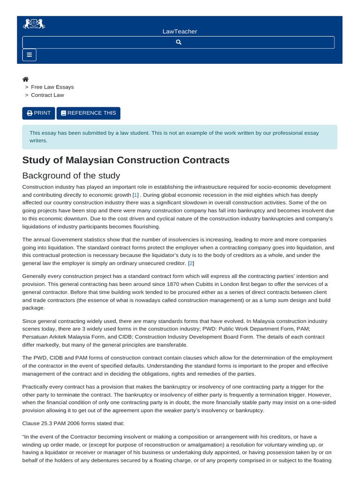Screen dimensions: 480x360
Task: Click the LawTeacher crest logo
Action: coord(34,24)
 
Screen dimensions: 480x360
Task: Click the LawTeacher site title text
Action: coord(180,31)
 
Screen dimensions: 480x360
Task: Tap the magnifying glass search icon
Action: coord(179,42)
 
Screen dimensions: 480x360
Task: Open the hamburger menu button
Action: coord(30,55)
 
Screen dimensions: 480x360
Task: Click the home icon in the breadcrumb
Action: coord(26,79)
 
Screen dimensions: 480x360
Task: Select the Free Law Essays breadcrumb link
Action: coord(52,87)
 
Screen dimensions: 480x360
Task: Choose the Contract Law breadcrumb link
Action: coord(47,95)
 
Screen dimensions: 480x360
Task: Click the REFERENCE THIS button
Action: coord(89,113)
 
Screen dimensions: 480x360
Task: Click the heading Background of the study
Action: coord(71,176)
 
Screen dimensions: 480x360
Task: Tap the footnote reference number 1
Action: coord(135,195)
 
